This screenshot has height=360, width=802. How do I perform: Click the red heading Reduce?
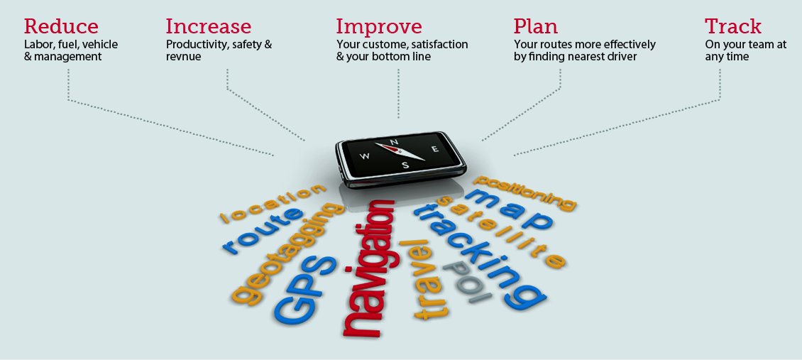click(x=61, y=26)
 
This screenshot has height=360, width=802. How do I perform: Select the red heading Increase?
click(x=209, y=26)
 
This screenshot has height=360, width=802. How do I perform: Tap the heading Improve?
click(x=379, y=27)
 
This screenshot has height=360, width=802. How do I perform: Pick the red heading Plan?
click(x=536, y=26)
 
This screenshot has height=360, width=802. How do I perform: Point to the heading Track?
click(x=733, y=26)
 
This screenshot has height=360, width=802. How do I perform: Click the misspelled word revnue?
click(x=183, y=57)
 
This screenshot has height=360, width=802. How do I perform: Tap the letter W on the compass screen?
click(x=366, y=156)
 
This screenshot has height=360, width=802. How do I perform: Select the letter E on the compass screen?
click(x=435, y=149)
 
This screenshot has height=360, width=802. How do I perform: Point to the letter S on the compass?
click(x=405, y=165)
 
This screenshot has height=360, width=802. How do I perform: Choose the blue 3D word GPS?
click(x=305, y=288)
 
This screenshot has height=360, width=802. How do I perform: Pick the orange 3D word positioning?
click(x=524, y=192)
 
